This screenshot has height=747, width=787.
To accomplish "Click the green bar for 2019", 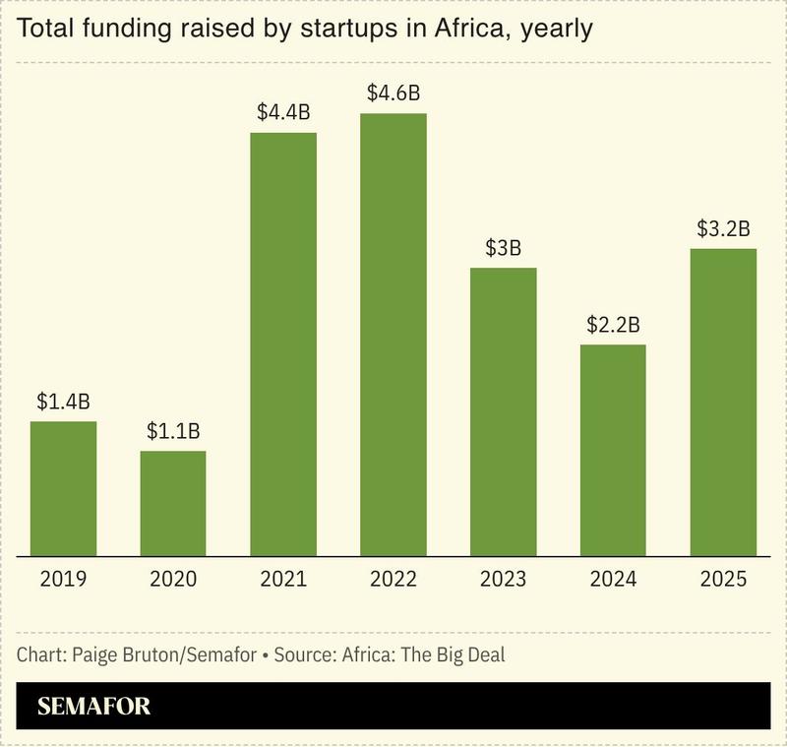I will [x=63, y=488].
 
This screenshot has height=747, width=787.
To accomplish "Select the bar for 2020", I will [x=173, y=503].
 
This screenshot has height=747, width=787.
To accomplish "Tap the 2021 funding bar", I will [x=283, y=343].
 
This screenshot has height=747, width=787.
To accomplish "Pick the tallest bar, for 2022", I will [x=393, y=335].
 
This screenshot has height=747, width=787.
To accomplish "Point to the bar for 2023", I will [x=504, y=411].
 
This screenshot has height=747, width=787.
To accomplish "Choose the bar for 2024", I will [x=613, y=450].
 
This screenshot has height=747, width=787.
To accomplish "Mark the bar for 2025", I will [x=723, y=402].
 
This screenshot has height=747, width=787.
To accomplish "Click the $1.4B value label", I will [x=63, y=402].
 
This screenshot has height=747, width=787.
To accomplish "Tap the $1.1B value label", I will [x=173, y=431].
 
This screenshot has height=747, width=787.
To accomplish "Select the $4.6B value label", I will [x=393, y=93].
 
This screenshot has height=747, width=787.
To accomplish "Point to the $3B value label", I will [x=504, y=248].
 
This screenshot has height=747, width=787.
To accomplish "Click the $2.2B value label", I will [x=613, y=325].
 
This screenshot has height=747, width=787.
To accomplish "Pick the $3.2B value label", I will [x=723, y=229].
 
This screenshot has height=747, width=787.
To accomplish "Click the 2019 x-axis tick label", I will [x=63, y=580].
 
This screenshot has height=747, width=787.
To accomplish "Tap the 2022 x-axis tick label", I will [x=393, y=580].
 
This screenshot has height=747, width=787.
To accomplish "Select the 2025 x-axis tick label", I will [x=723, y=580].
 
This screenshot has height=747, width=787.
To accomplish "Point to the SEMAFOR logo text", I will [x=94, y=707].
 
